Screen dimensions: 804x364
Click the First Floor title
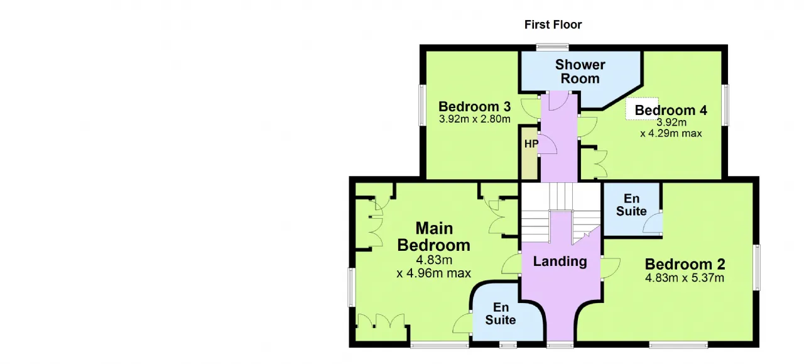[x=553, y=25]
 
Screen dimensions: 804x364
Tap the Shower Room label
[x=580, y=72]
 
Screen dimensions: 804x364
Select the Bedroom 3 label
[x=474, y=106]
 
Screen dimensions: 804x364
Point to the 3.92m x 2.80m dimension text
[x=474, y=119]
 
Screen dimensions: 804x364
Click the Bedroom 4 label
[x=671, y=110]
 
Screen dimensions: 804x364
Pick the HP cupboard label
[x=531, y=144]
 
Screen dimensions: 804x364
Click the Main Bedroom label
[x=433, y=236]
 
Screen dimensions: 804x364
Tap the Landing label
[x=560, y=262]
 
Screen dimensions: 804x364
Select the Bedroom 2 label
[x=685, y=264]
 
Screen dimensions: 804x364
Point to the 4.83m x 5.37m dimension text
[x=685, y=278]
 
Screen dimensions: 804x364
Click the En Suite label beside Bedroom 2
[x=631, y=204]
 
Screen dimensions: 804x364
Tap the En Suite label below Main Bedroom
[x=501, y=313]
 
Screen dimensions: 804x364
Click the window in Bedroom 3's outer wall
[x=423, y=105]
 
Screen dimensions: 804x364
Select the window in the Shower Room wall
[x=552, y=47]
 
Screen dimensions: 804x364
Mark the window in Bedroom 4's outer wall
[x=725, y=105]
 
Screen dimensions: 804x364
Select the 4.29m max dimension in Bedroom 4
[x=671, y=133]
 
